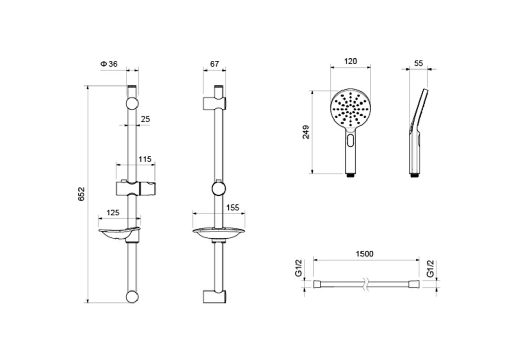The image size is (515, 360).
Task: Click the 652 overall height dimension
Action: pyautogui.click(x=81, y=194)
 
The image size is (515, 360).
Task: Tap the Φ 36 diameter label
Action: pyautogui.click(x=109, y=64)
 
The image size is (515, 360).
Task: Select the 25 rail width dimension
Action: pyautogui.click(x=145, y=119)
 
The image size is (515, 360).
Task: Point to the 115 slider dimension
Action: pyautogui.click(x=145, y=159)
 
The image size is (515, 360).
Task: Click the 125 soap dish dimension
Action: pyautogui.click(x=113, y=213)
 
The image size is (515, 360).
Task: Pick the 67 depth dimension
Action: pyautogui.click(x=214, y=64)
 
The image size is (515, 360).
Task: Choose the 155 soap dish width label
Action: pyautogui.click(x=233, y=208)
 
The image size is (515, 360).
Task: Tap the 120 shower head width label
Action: pyautogui.click(x=350, y=61)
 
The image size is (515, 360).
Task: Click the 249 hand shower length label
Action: pyautogui.click(x=306, y=132)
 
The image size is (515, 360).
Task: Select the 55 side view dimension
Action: pyautogui.click(x=418, y=63)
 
